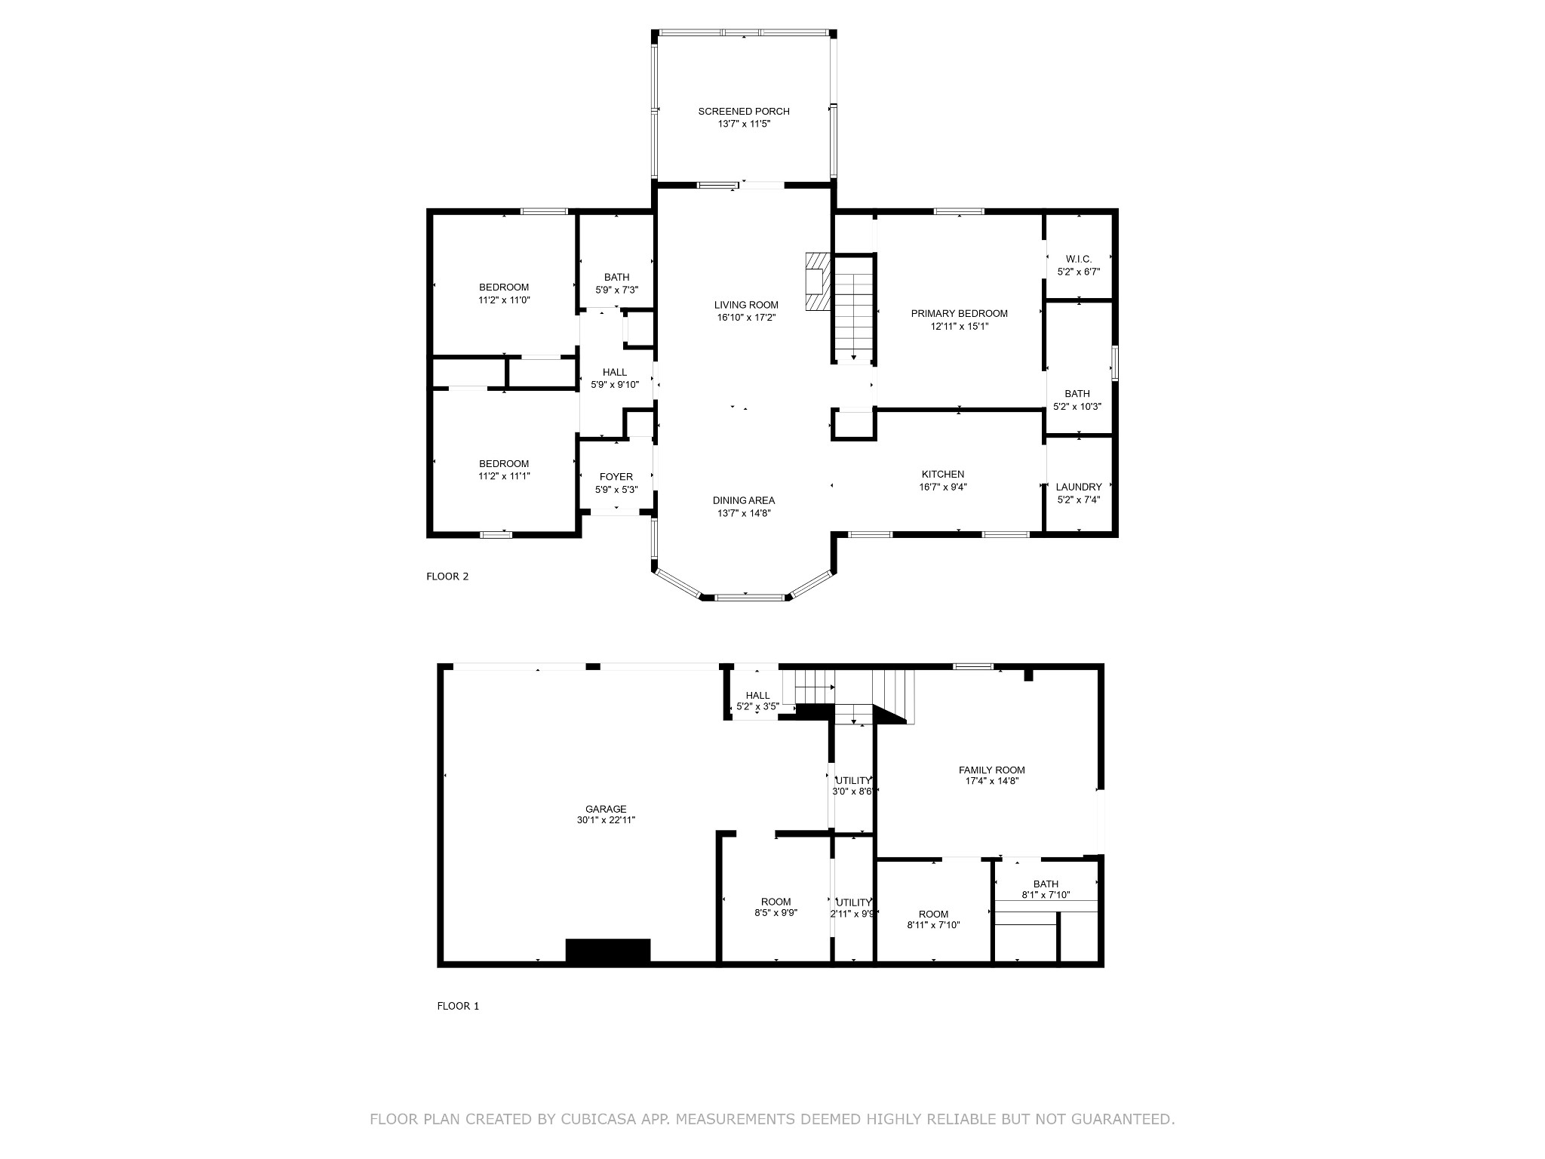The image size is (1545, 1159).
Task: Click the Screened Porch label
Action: (x=743, y=112)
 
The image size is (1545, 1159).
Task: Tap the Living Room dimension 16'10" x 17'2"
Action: (x=746, y=318)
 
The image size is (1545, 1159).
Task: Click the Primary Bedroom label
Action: (x=959, y=314)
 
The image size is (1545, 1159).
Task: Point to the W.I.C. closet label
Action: (x=1078, y=259)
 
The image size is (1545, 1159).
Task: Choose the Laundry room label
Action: (x=1078, y=487)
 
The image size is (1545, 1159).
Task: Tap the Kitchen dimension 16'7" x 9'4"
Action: (x=942, y=487)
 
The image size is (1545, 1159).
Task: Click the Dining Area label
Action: (x=743, y=500)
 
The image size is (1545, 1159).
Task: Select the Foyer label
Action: (x=616, y=477)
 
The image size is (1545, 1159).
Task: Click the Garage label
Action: (x=606, y=809)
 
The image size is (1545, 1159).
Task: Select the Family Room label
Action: (x=991, y=770)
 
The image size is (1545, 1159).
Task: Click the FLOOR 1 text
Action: (x=458, y=1006)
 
